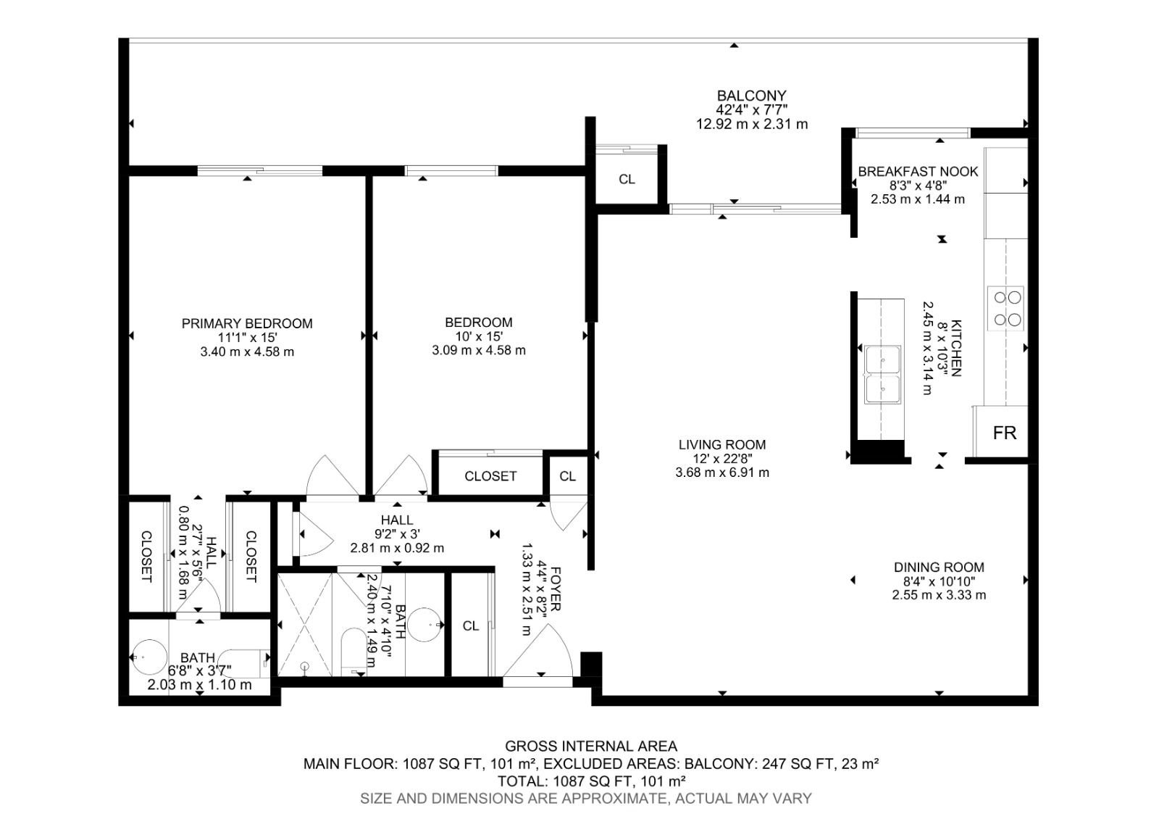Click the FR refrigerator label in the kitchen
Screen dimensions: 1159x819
[x=1004, y=433]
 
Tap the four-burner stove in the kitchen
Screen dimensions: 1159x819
[x=1005, y=309]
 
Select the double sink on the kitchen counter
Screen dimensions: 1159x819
[x=883, y=374]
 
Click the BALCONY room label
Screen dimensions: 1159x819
[x=751, y=96]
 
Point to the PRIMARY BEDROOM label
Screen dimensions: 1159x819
[x=247, y=323]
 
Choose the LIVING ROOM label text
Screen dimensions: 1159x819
[x=721, y=445]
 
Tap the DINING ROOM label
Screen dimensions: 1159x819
[x=939, y=568]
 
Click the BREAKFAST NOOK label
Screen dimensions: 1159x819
[x=918, y=171]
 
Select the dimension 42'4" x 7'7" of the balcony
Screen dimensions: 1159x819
[x=751, y=109]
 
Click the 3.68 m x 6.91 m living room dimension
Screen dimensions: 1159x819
[x=721, y=473]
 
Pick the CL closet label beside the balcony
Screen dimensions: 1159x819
[x=627, y=179]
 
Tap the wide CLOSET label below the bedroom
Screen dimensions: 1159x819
[x=490, y=476]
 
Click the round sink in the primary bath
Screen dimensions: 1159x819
[x=150, y=657]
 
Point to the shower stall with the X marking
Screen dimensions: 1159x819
[x=305, y=624]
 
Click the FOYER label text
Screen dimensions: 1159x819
[x=556, y=589]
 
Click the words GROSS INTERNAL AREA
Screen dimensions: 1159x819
[x=591, y=746]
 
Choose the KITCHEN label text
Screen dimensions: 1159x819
[x=956, y=348]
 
